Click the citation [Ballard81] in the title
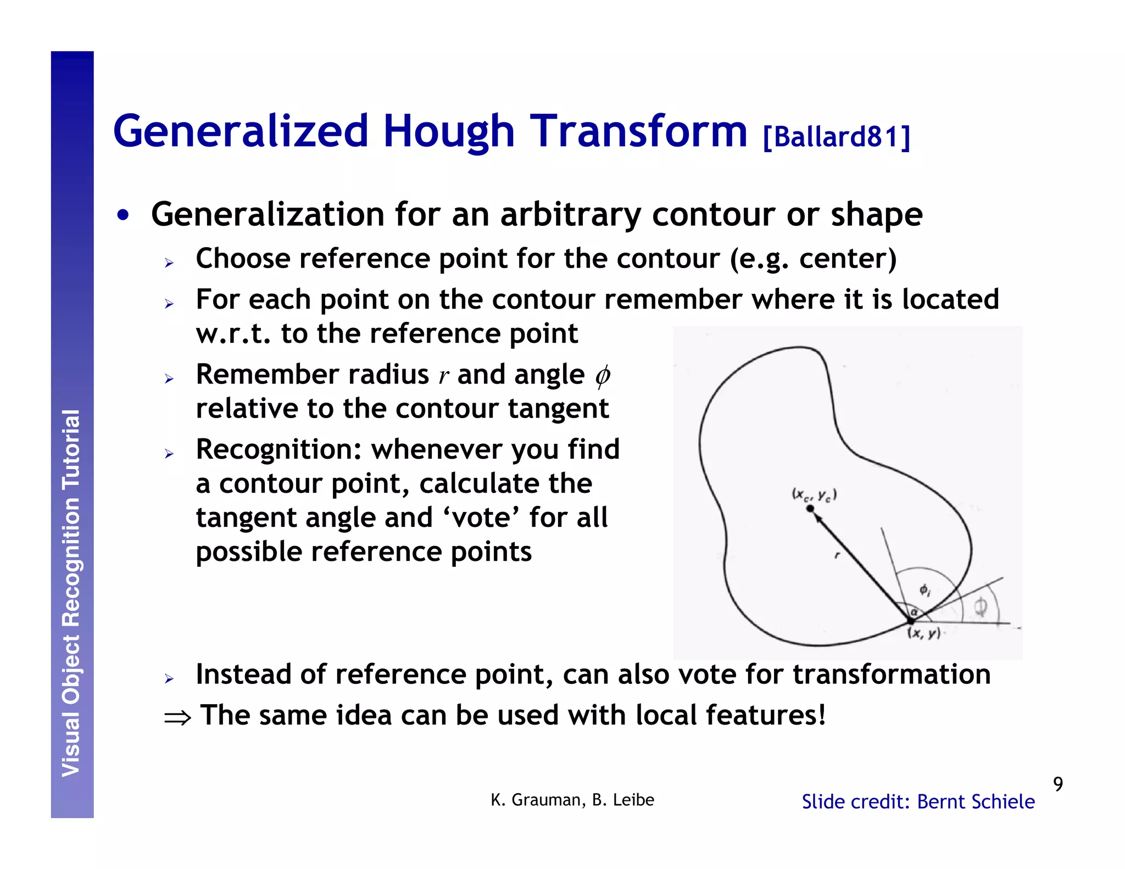(836, 136)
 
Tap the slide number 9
(1058, 784)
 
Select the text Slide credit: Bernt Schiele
(918, 801)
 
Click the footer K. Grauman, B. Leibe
(572, 800)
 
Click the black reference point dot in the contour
(810, 509)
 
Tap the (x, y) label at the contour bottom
(924, 633)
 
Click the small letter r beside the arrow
(837, 555)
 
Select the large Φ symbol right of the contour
(981, 608)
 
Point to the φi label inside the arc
(925, 591)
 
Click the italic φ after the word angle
(603, 376)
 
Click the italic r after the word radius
(443, 376)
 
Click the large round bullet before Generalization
(123, 215)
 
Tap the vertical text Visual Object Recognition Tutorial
(71, 593)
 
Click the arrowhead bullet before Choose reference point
(169, 263)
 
